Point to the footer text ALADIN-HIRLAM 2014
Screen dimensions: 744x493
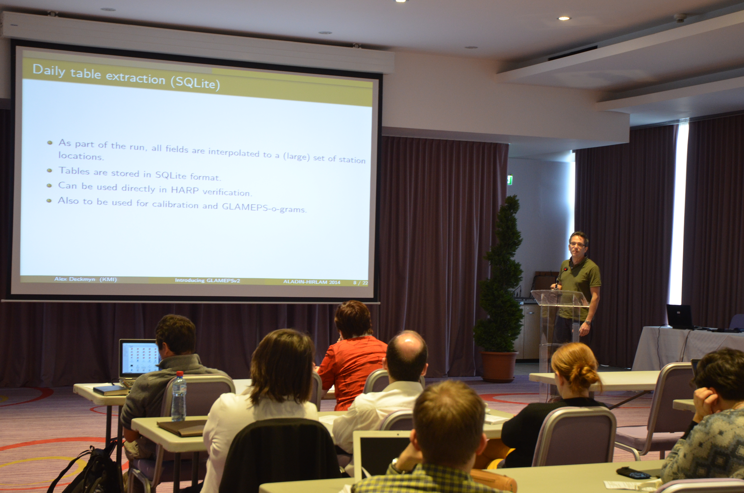click(312, 282)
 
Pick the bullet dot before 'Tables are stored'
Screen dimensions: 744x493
click(49, 170)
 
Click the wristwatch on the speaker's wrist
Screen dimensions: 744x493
click(588, 322)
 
